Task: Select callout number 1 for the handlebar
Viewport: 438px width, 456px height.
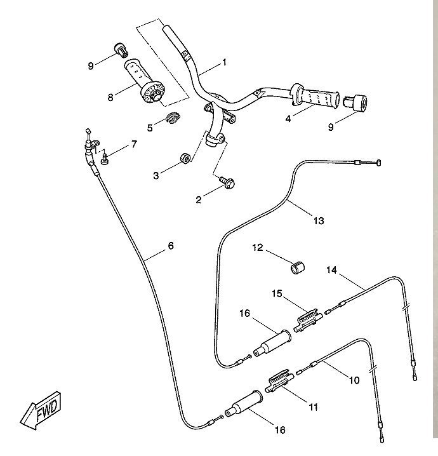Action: tap(224, 63)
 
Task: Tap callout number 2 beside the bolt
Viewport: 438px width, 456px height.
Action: tap(199, 199)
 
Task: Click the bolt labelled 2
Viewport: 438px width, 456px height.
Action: tap(228, 184)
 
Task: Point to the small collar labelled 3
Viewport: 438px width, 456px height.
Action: tap(183, 157)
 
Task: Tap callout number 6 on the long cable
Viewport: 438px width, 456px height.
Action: tap(170, 246)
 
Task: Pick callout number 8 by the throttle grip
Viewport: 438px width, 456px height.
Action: tap(110, 97)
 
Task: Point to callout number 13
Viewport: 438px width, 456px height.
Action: tap(319, 221)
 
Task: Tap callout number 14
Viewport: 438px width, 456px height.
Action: tap(331, 269)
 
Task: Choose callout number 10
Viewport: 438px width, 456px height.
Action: tap(354, 380)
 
